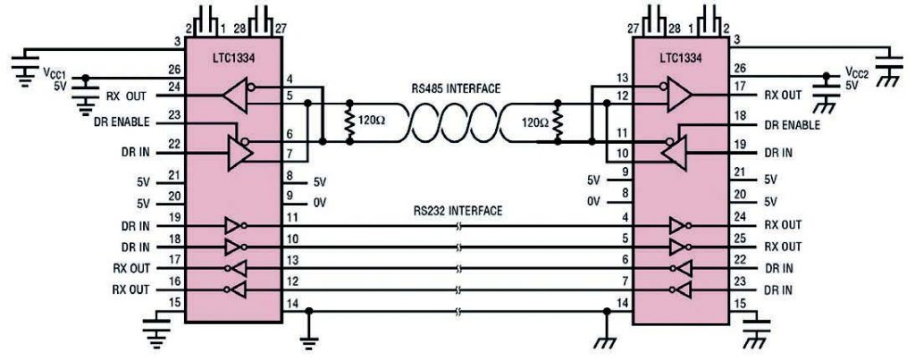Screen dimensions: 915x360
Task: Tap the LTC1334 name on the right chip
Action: (681, 58)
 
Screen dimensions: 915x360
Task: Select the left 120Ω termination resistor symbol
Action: (349, 122)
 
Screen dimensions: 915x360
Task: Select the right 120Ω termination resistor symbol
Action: (558, 122)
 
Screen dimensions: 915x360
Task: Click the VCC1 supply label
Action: (55, 71)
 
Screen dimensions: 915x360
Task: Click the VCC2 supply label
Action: (858, 71)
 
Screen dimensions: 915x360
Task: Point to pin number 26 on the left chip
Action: (174, 69)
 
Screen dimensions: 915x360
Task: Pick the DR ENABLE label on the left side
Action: (122, 122)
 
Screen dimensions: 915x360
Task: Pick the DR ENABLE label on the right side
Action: (793, 125)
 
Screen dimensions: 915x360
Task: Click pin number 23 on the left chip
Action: (174, 115)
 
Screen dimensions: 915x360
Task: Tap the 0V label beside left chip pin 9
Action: (319, 203)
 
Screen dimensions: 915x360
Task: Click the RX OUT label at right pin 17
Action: (783, 95)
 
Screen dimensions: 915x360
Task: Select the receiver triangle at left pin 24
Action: (236, 96)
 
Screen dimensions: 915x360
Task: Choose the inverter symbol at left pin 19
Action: (233, 226)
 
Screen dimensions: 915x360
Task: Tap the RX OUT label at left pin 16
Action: (131, 289)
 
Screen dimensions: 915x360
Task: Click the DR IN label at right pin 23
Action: (778, 289)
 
